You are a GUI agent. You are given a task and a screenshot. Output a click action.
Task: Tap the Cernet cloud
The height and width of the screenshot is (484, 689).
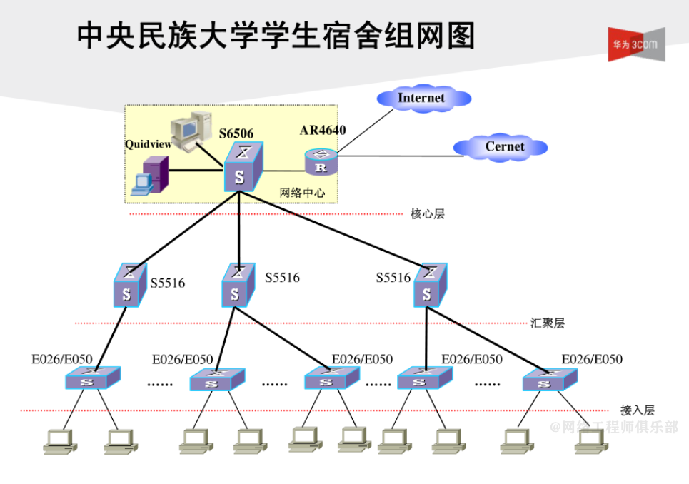[501, 147]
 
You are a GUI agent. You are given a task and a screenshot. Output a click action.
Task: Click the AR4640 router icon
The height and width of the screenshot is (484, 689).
[320, 162]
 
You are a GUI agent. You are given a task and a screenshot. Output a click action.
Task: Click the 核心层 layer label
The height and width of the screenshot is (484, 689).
[428, 213]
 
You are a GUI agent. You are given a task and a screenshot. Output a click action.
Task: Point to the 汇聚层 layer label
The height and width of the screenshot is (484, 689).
[548, 323]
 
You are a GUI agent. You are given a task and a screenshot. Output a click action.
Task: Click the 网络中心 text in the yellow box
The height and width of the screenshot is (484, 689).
[302, 193]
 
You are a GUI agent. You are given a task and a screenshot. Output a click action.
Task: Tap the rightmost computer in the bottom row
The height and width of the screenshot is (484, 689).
[591, 440]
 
